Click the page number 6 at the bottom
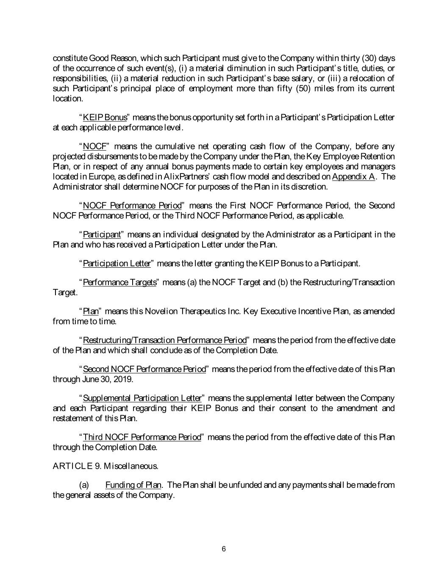click(x=224, y=549)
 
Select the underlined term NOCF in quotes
click(x=94, y=147)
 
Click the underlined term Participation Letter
click(x=117, y=264)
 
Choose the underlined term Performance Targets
click(x=119, y=283)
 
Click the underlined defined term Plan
click(x=90, y=311)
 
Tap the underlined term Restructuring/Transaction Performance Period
click(x=164, y=340)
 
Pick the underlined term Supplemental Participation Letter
click(x=142, y=398)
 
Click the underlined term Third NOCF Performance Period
click(x=142, y=437)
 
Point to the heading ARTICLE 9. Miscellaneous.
click(x=106, y=466)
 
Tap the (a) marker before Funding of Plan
click(x=84, y=485)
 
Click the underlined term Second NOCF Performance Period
click(x=144, y=369)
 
